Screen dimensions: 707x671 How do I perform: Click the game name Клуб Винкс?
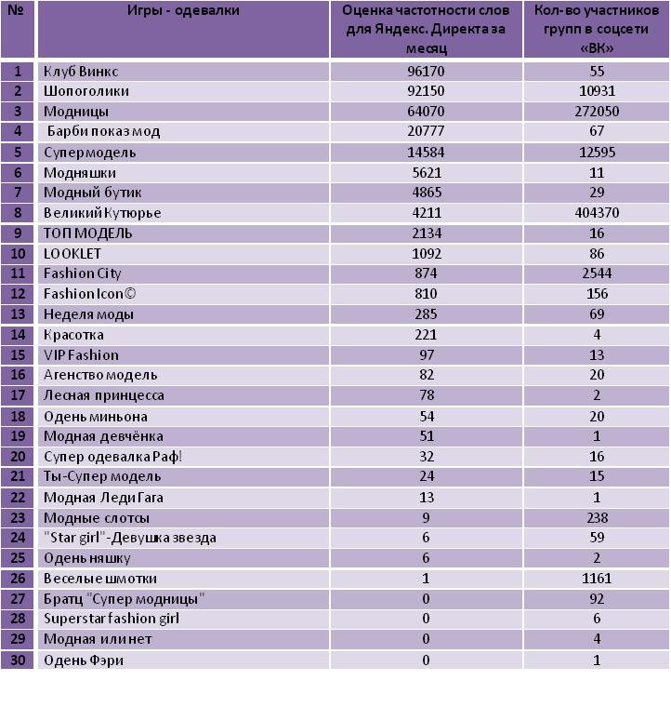click(x=81, y=71)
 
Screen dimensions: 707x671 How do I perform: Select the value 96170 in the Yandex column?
click(x=426, y=71)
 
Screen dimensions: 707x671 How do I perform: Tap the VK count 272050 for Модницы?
click(x=596, y=112)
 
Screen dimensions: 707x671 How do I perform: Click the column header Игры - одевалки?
click(x=183, y=11)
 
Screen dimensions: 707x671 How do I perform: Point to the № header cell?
click(x=18, y=11)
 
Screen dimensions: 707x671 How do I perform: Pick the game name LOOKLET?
click(x=72, y=253)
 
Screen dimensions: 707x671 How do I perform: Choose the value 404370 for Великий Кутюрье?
click(x=596, y=213)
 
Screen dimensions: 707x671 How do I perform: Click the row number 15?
click(x=19, y=355)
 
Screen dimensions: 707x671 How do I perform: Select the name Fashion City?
click(x=83, y=273)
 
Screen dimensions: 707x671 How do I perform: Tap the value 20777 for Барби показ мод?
click(x=426, y=131)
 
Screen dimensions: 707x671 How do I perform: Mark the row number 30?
click(x=19, y=660)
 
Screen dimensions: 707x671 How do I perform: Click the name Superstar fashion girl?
click(x=112, y=619)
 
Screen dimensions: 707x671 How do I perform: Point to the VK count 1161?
click(x=596, y=579)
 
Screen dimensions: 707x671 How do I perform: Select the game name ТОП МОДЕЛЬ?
click(x=88, y=233)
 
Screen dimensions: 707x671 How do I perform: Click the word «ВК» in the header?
click(x=596, y=48)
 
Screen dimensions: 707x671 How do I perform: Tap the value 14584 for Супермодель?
click(x=426, y=152)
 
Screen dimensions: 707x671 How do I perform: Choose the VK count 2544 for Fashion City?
click(x=596, y=273)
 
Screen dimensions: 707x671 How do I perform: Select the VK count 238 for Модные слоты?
click(x=596, y=518)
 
